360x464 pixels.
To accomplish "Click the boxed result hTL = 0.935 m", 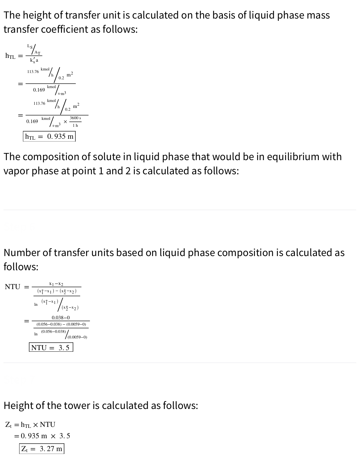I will tap(49, 137).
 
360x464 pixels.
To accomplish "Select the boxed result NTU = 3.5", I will tap(51, 348).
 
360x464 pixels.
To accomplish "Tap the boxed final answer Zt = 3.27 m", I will tap(42, 449).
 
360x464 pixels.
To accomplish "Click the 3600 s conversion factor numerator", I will tap(75, 118).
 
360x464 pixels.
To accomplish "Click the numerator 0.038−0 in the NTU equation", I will tap(61, 318).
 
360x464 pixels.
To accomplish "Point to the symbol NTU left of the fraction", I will tap(13, 287).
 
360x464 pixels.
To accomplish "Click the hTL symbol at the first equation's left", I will tap(10, 56).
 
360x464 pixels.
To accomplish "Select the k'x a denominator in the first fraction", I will tap(34, 60).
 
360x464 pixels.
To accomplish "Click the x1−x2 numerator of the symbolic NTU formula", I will tap(56, 284).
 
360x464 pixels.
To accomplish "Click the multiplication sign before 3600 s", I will tap(65, 122).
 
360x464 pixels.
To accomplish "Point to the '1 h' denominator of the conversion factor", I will tap(75, 125).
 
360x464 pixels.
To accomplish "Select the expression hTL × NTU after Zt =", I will tap(38, 425).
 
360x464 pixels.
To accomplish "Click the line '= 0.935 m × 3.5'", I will tap(42, 436).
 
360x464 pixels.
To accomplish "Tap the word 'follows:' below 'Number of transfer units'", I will tap(21, 267).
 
